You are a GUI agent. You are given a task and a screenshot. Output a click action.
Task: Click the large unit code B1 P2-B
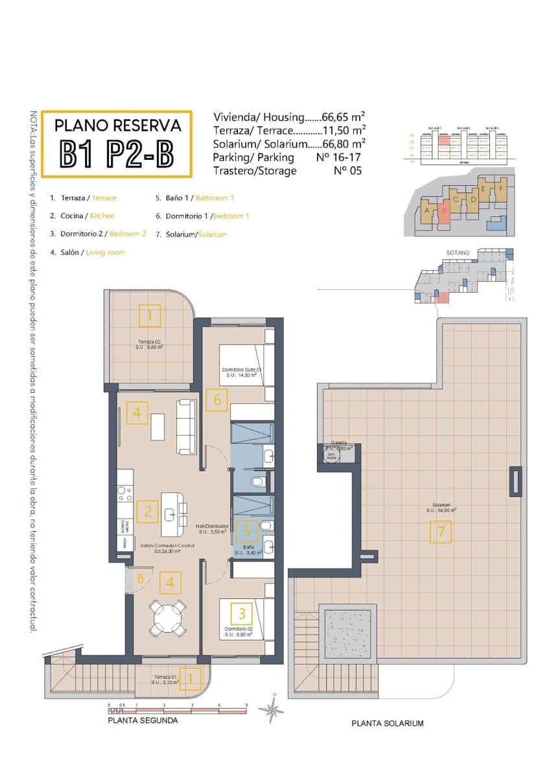[117, 154]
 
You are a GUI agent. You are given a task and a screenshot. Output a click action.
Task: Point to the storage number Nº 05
[347, 171]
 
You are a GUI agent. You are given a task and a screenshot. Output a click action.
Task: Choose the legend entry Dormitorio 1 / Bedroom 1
[202, 216]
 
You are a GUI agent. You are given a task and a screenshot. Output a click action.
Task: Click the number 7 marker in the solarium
[440, 532]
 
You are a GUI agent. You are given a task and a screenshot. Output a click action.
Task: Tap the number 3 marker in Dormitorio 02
[242, 612]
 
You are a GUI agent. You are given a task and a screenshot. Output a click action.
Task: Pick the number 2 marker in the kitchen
[148, 512]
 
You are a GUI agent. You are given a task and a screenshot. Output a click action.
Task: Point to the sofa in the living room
[187, 426]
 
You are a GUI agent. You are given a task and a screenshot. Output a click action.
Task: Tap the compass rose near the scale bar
[271, 709]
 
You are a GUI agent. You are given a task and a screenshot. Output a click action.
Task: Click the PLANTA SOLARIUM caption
[387, 723]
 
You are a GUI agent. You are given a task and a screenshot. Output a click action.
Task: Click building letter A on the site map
[426, 211]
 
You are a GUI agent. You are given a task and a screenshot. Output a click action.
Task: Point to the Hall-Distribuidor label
[212, 526]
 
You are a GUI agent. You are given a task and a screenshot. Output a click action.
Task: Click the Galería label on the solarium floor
[338, 443]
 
